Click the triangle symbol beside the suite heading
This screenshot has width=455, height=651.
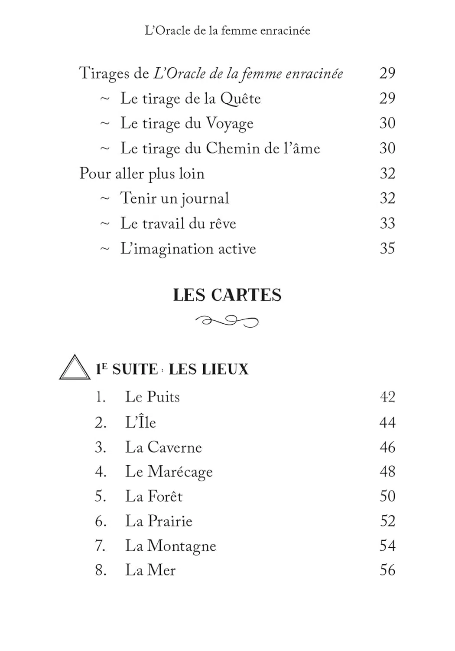click(x=75, y=368)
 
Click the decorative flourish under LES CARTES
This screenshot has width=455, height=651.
click(x=227, y=321)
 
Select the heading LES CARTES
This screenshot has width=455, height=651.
click(x=227, y=295)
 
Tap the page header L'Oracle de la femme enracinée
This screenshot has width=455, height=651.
click(x=227, y=31)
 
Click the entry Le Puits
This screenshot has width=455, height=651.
click(x=152, y=397)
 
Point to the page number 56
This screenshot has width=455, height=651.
click(x=387, y=570)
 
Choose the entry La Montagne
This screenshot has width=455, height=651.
click(x=170, y=546)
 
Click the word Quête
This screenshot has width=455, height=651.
click(x=240, y=99)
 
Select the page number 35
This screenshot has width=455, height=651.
click(x=387, y=248)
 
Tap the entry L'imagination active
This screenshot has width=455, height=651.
click(x=188, y=249)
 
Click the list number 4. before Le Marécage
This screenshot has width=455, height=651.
click(x=101, y=472)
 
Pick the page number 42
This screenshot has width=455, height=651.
click(x=387, y=397)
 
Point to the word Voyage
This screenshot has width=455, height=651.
click(x=229, y=124)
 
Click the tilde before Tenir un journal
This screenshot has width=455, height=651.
click(x=105, y=198)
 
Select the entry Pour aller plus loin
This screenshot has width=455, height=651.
click(x=142, y=174)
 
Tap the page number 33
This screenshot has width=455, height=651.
click(x=387, y=223)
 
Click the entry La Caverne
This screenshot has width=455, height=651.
click(x=163, y=447)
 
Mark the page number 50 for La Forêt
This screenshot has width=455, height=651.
click(x=387, y=496)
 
